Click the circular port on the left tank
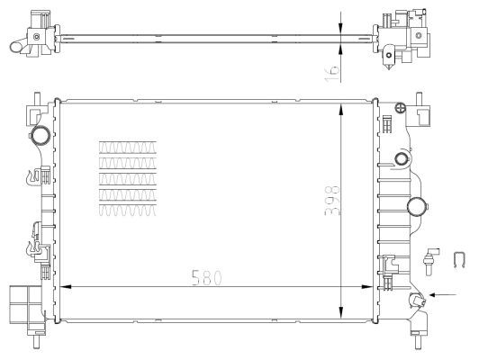[41, 137]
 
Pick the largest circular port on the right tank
[418, 207]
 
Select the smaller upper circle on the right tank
[400, 160]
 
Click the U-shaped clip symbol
[457, 261]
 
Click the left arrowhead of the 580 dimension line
[62, 288]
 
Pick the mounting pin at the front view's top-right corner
[419, 97]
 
